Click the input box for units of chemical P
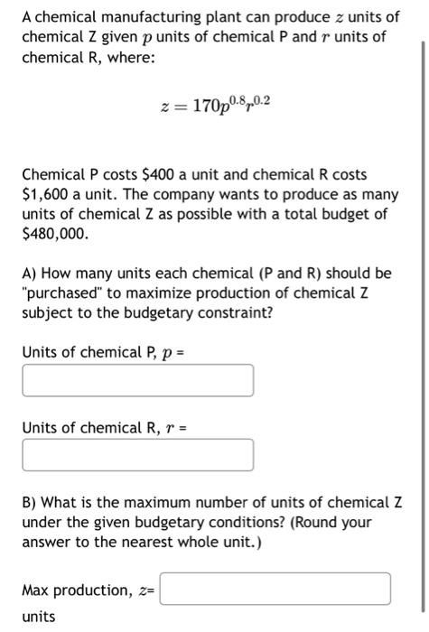tap(137, 380)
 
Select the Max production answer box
tap(275, 589)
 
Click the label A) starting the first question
tap(32, 273)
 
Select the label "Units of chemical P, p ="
tap(97, 350)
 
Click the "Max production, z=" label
tap(89, 590)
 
